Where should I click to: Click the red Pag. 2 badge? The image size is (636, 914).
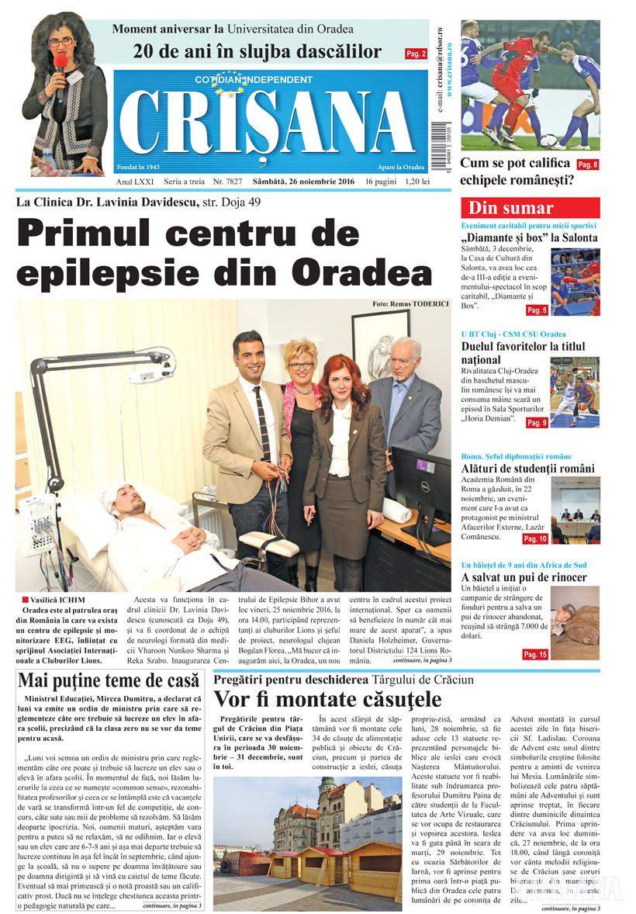pyautogui.click(x=416, y=54)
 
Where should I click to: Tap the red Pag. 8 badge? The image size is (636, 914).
pyautogui.click(x=587, y=164)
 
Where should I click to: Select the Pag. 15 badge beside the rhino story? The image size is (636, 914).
pyautogui.click(x=535, y=655)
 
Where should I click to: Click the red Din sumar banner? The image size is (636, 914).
pyautogui.click(x=530, y=208)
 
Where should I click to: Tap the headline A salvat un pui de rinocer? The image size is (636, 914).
pyautogui.click(x=524, y=578)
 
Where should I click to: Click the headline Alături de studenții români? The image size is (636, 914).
pyautogui.click(x=527, y=469)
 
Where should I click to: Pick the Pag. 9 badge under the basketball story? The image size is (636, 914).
pyautogui.click(x=537, y=423)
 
